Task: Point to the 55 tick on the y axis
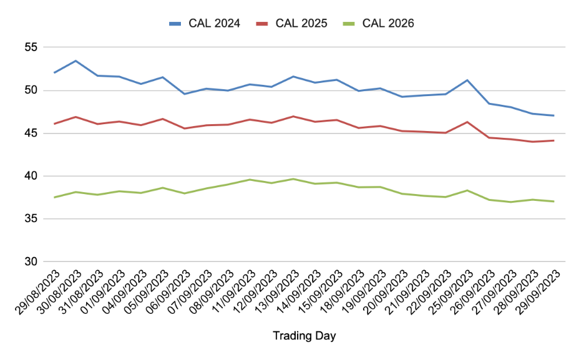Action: point(31,47)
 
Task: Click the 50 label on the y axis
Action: point(31,90)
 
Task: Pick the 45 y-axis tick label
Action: point(31,134)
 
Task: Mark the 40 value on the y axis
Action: point(31,176)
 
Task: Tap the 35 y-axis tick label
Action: point(31,219)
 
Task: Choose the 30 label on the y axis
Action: point(31,262)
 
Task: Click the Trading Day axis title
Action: point(304,336)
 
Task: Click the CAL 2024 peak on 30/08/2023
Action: point(75,61)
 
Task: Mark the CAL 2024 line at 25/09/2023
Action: point(467,80)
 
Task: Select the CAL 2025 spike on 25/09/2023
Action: point(467,122)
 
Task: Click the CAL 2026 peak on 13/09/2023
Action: point(293,179)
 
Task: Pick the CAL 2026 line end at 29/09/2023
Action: point(553,202)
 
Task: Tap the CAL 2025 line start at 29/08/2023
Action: point(55,124)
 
